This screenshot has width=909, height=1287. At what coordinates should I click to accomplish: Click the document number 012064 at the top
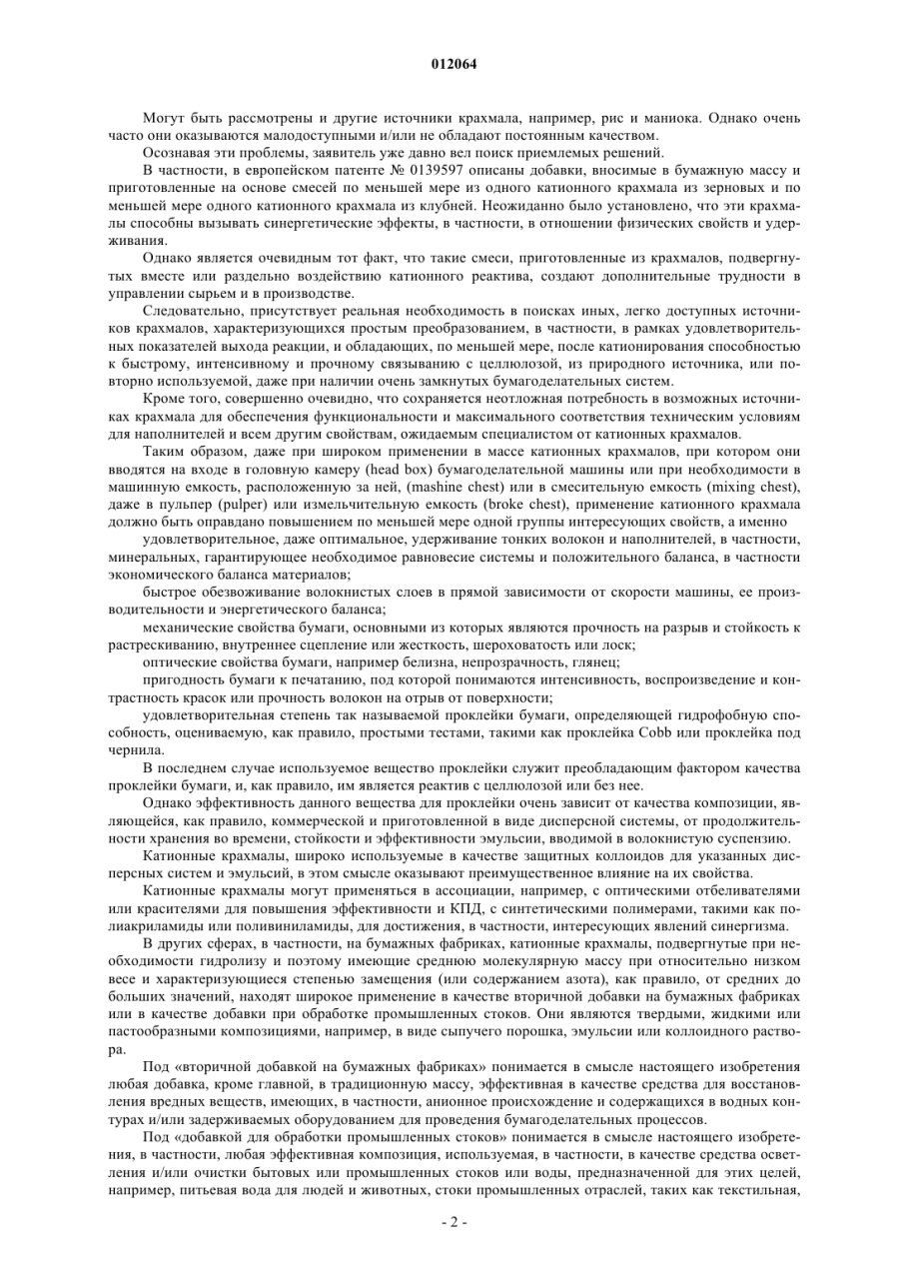(x=454, y=65)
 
